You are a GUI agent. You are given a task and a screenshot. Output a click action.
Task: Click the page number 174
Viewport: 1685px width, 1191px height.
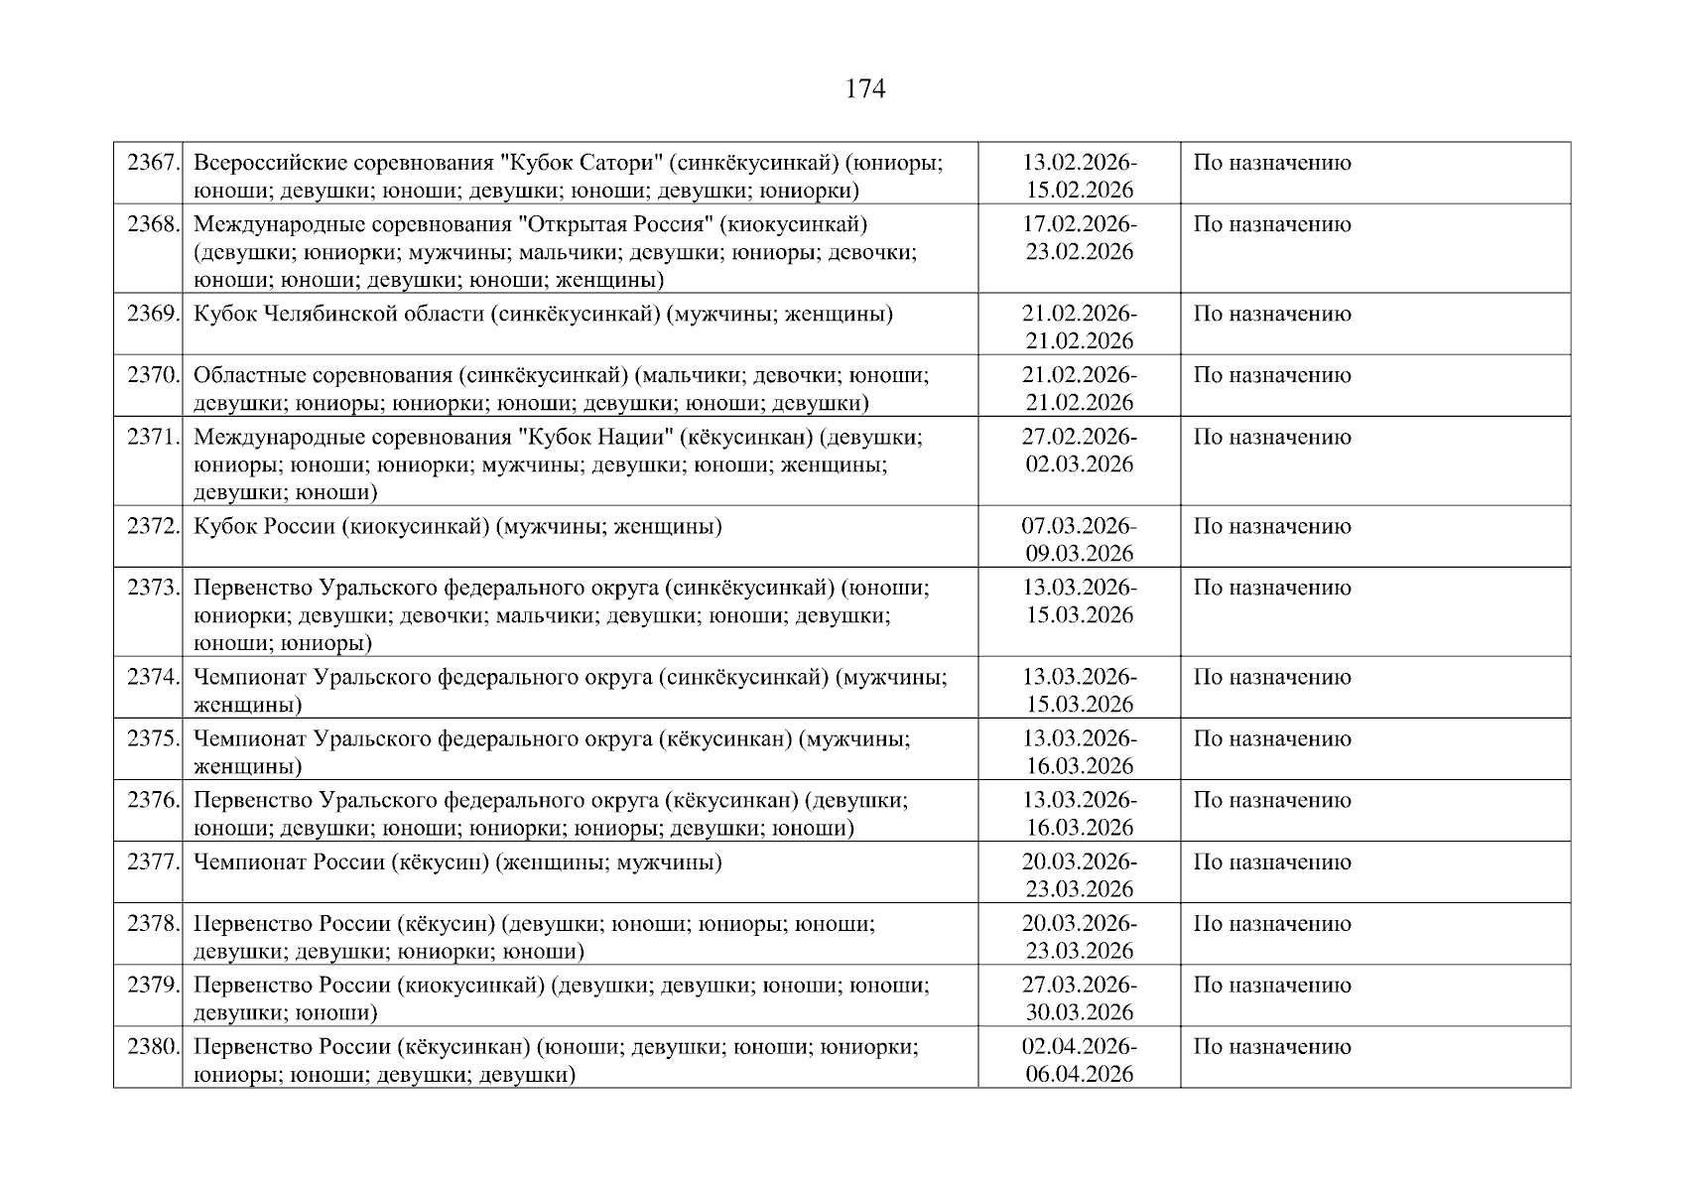click(864, 89)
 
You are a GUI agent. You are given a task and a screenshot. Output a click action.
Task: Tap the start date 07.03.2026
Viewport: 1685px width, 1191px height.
click(1079, 526)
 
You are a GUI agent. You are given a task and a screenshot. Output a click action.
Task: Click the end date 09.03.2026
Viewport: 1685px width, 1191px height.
click(1079, 554)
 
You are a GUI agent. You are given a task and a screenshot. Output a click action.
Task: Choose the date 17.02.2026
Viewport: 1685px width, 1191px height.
click(1079, 224)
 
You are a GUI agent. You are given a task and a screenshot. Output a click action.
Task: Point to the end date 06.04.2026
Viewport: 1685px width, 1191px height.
click(1079, 1074)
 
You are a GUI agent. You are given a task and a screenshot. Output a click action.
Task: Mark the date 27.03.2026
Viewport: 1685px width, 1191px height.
click(1079, 985)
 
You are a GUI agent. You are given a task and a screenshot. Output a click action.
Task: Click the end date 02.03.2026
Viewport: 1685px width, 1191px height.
click(1079, 464)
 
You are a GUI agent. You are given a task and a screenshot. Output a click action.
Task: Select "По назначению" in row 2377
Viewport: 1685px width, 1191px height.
click(1271, 861)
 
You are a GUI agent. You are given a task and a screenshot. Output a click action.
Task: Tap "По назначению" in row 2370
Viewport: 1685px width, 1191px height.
click(1271, 375)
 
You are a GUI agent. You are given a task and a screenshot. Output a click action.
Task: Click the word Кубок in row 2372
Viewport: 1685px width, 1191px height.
click(225, 526)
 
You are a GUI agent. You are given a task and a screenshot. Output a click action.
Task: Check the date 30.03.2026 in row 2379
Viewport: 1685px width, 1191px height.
click(1079, 1012)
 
